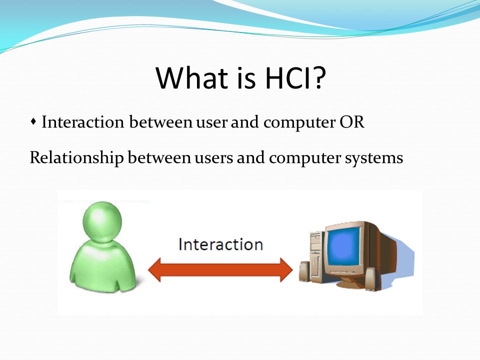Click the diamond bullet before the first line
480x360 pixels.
point(33,122)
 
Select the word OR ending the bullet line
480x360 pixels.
point(352,122)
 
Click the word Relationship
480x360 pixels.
point(76,158)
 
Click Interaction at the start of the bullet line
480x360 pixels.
point(82,122)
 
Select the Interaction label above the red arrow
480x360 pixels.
point(220,244)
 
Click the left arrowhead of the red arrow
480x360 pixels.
point(154,270)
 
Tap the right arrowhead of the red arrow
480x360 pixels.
point(286,270)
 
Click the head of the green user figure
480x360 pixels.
point(102,221)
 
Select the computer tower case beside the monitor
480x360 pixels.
point(316,255)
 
